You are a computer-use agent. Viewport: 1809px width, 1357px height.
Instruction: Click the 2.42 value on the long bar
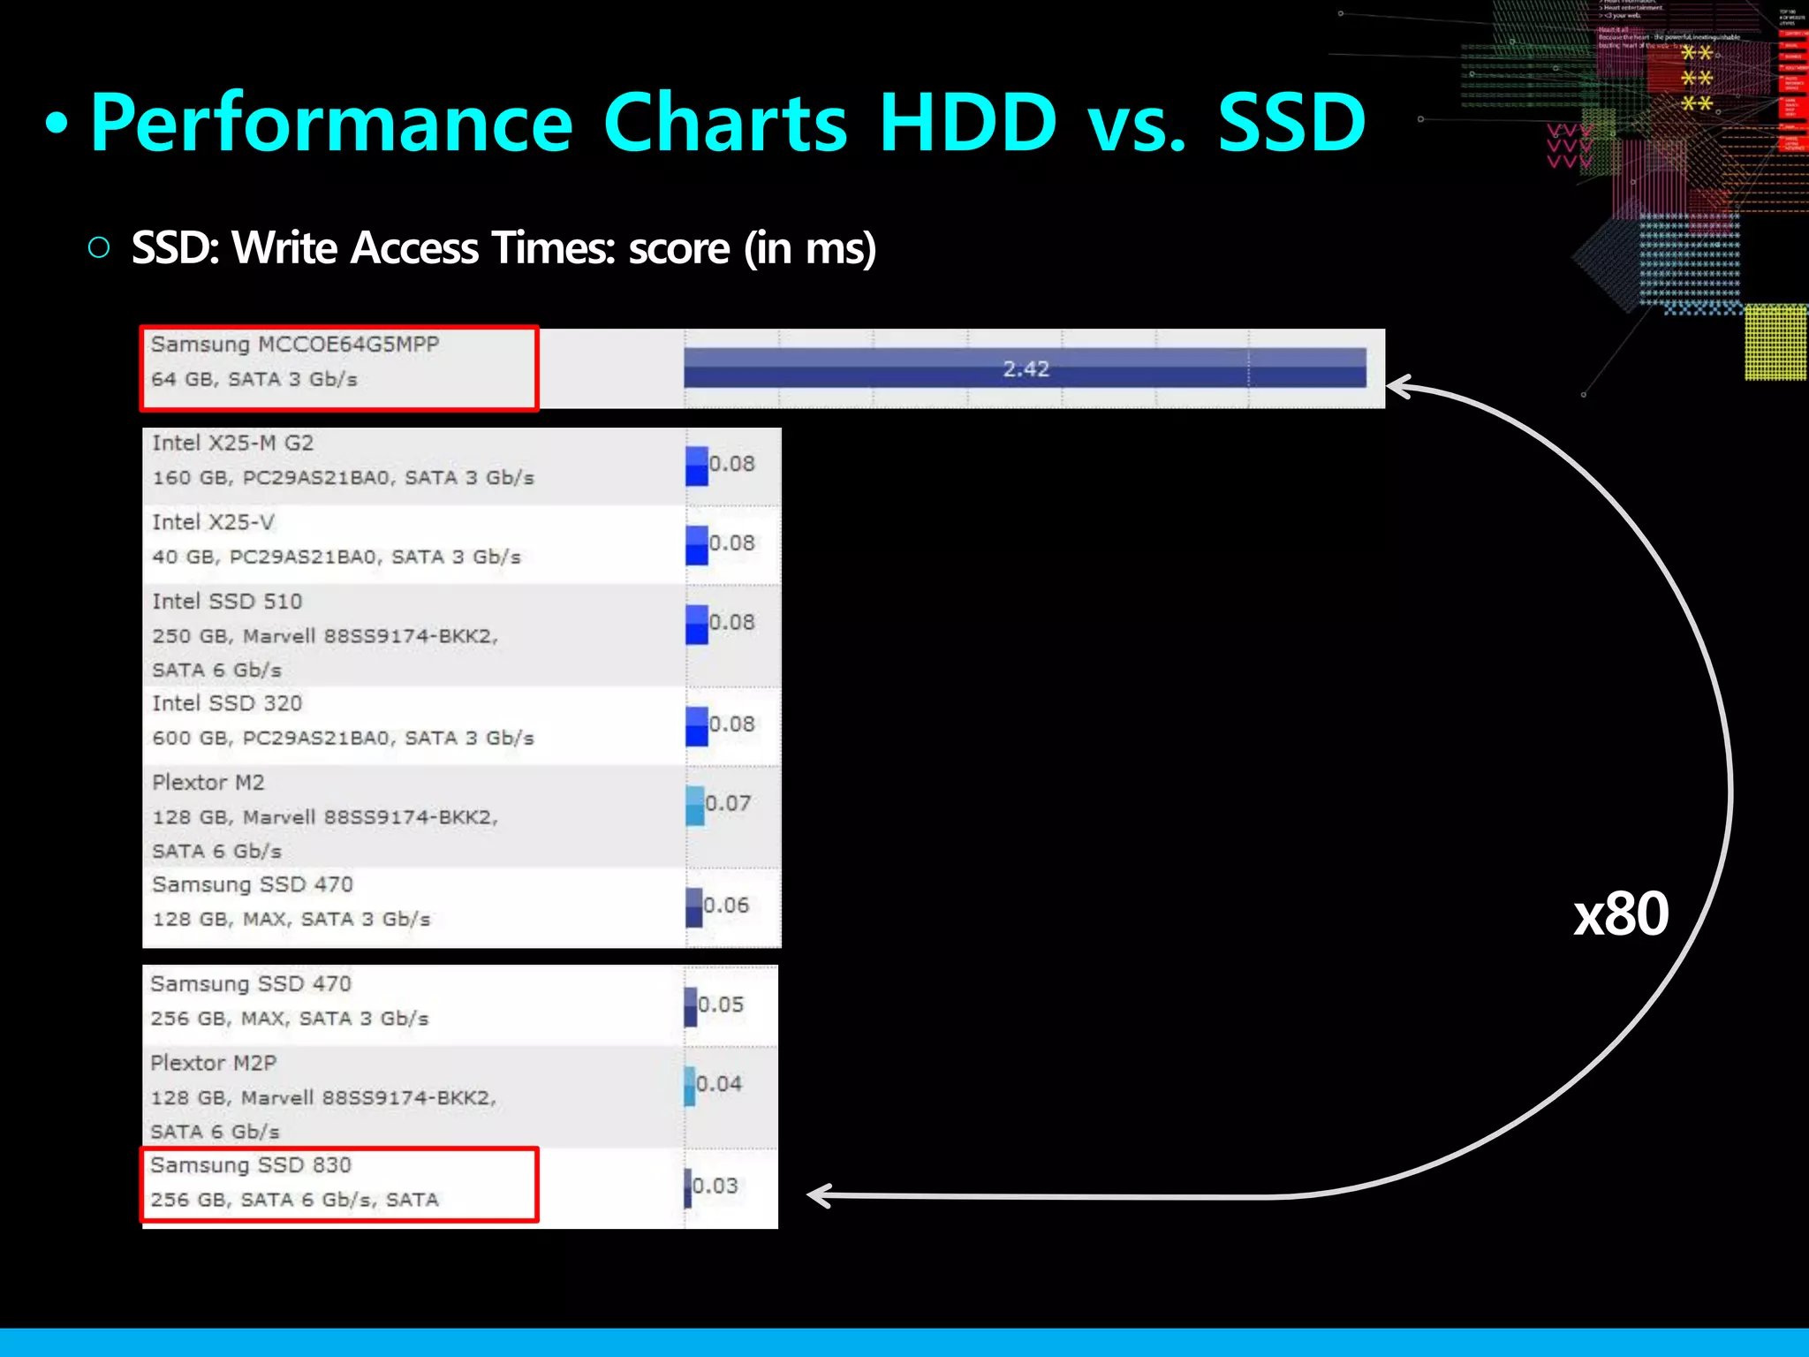pos(1025,368)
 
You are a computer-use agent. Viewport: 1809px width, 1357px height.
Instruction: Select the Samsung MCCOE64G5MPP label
pos(294,345)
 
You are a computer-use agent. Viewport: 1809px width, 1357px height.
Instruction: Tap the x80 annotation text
pos(1621,914)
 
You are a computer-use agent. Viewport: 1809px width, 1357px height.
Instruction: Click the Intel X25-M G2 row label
pos(232,443)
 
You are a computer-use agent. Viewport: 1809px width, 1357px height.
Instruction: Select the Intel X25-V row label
pos(213,522)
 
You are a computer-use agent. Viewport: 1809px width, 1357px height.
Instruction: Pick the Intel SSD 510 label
pos(227,602)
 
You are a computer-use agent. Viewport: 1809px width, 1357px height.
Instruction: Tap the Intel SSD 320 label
pos(227,703)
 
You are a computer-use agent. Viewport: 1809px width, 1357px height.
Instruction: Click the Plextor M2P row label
pos(213,1063)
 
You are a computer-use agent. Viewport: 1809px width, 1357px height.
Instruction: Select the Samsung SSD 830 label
pos(251,1165)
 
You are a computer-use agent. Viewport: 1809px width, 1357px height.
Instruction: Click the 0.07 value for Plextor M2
pos(728,803)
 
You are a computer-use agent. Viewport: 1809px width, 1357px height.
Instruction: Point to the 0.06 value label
pos(726,905)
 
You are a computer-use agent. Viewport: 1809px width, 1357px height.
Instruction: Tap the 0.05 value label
pos(721,1004)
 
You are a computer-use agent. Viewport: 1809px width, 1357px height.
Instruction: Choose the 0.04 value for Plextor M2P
pos(719,1083)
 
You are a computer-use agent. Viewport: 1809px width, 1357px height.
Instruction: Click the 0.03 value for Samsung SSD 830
pos(715,1186)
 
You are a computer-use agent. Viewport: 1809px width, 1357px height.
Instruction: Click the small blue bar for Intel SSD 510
pos(697,624)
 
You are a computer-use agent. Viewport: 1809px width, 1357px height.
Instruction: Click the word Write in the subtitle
pos(285,248)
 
